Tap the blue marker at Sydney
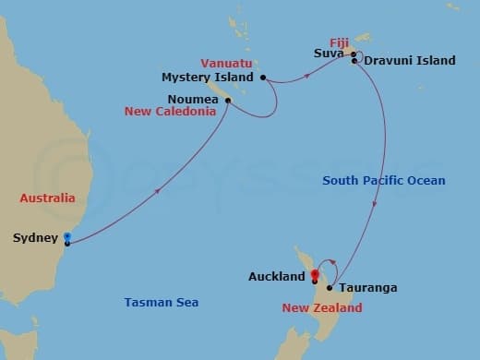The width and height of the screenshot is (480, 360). pyautogui.click(x=66, y=238)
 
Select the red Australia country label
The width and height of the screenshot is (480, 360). pyautogui.click(x=48, y=198)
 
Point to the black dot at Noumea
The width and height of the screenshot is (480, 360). pyautogui.click(x=227, y=106)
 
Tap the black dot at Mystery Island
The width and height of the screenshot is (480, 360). pyautogui.click(x=263, y=78)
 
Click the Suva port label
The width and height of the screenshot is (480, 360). pyautogui.click(x=329, y=54)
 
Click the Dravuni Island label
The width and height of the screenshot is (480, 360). pyautogui.click(x=410, y=61)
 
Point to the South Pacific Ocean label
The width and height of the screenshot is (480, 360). pyautogui.click(x=383, y=181)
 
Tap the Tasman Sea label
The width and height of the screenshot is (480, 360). pyautogui.click(x=162, y=302)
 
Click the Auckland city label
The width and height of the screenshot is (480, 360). pyautogui.click(x=277, y=276)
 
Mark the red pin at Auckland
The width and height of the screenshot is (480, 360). pyautogui.click(x=315, y=274)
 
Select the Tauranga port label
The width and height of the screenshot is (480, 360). pyautogui.click(x=367, y=288)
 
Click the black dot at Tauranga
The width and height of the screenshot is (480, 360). pyautogui.click(x=330, y=287)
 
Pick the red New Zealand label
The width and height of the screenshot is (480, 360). pyautogui.click(x=319, y=306)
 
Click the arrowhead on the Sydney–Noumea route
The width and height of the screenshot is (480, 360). pyautogui.click(x=160, y=192)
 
